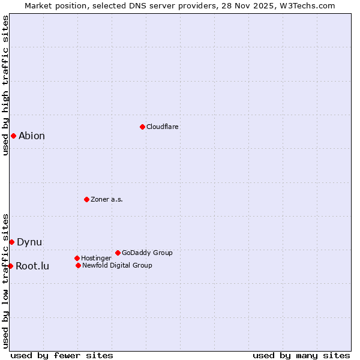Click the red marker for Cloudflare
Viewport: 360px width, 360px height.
click(x=142, y=127)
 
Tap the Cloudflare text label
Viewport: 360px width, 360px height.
click(x=163, y=127)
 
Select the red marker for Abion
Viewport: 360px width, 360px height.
click(x=13, y=136)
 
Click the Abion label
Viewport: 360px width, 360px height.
click(x=32, y=136)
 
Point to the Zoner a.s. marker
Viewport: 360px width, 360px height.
click(x=86, y=199)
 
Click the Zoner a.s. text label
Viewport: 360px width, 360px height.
click(x=107, y=200)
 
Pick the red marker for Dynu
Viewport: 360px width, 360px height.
click(x=11, y=242)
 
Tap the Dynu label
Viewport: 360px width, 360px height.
click(x=29, y=242)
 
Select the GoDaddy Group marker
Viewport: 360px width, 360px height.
click(x=118, y=253)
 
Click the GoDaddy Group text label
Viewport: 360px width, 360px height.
click(x=147, y=253)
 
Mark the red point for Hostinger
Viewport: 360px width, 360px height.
click(x=77, y=258)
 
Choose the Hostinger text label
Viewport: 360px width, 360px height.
click(x=96, y=259)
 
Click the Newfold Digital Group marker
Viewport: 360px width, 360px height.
click(x=78, y=265)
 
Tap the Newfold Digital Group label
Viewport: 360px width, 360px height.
click(x=117, y=266)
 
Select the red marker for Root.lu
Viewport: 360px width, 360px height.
click(x=10, y=266)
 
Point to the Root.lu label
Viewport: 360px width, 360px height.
click(x=32, y=266)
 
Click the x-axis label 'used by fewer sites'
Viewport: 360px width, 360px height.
click(x=62, y=356)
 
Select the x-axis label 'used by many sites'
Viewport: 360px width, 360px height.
click(x=301, y=356)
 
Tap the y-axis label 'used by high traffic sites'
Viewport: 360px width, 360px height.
click(x=5, y=85)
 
